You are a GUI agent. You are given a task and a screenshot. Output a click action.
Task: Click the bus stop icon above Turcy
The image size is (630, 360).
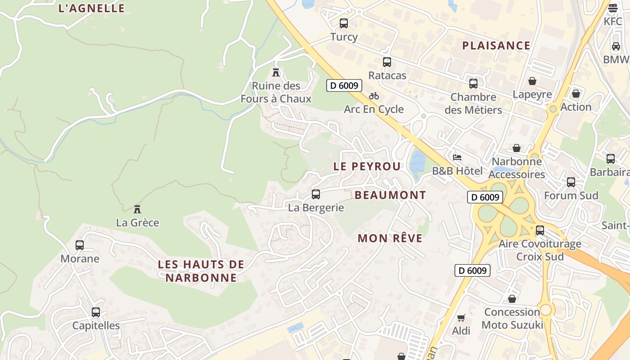(344, 23)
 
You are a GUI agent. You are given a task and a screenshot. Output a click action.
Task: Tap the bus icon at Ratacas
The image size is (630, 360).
(387, 62)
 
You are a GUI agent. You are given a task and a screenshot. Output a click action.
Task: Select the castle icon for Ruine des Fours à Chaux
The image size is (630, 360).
(276, 72)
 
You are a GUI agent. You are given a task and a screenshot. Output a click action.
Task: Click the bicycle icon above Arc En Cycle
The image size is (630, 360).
(373, 96)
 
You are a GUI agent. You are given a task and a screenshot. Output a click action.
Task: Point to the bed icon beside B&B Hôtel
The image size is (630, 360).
(457, 157)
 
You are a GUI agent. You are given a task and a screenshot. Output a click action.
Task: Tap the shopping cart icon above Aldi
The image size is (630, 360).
(461, 318)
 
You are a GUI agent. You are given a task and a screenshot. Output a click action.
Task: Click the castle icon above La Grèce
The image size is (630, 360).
(137, 209)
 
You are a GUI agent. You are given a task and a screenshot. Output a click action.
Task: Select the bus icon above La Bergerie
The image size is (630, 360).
(316, 194)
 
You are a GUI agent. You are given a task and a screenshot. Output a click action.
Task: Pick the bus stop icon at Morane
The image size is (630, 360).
(80, 245)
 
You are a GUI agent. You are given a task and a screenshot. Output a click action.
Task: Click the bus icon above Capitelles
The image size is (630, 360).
(96, 312)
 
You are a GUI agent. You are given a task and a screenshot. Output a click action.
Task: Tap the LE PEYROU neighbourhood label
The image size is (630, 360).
(367, 166)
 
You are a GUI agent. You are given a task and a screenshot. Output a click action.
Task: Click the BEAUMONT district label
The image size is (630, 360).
(390, 195)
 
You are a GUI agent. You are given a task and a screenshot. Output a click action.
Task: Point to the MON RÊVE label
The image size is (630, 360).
(390, 238)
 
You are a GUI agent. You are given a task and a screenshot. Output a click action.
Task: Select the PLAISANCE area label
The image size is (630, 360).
(496, 45)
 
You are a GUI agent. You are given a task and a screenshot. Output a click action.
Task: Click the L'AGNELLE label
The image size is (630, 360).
(92, 8)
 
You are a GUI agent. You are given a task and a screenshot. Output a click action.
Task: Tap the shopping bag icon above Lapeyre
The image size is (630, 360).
(532, 81)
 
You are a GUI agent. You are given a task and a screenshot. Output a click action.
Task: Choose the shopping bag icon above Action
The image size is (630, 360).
(576, 94)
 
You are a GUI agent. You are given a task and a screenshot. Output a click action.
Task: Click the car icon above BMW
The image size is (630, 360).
(616, 46)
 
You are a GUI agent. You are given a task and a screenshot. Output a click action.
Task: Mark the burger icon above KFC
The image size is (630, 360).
(613, 8)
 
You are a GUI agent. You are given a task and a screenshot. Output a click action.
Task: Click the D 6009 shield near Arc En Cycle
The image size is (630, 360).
(344, 85)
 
